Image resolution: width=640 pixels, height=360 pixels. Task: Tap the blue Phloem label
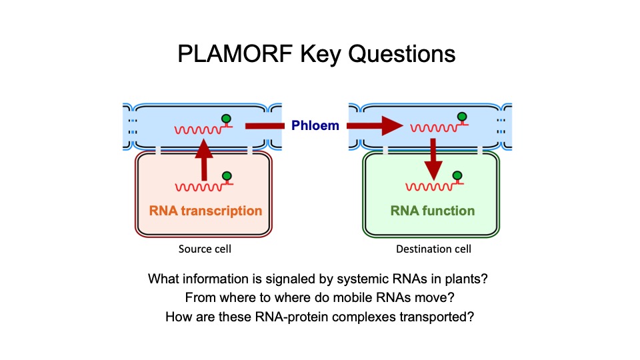click(x=315, y=125)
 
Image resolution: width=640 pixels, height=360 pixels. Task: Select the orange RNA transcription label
click(x=205, y=211)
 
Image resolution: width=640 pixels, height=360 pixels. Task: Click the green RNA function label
click(x=433, y=211)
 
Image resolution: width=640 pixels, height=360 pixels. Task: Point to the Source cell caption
click(x=205, y=249)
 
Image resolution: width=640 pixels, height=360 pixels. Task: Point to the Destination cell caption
click(x=433, y=249)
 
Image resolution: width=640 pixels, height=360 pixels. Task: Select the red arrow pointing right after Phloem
click(x=376, y=125)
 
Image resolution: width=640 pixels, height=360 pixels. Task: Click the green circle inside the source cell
click(x=227, y=177)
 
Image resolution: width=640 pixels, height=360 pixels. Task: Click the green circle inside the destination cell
click(x=457, y=177)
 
